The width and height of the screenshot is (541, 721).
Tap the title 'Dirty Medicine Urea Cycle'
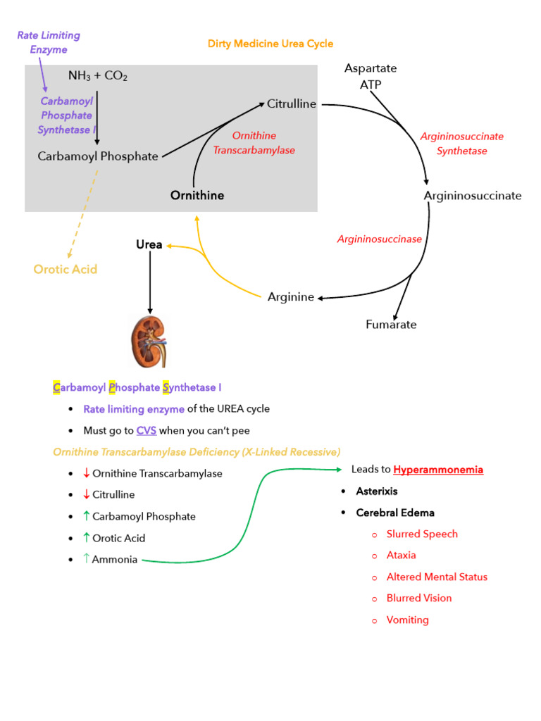pos(270,44)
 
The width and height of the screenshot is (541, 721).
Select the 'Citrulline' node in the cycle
pos(292,104)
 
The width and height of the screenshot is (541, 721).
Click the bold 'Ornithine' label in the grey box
pos(197,195)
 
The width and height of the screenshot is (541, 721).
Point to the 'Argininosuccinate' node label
pos(473,196)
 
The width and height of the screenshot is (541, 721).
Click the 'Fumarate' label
pos(391,325)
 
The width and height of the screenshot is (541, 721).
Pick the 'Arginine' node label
pos(291,297)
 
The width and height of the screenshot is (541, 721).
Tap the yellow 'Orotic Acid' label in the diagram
pos(66,269)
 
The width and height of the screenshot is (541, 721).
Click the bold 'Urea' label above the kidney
pos(149,245)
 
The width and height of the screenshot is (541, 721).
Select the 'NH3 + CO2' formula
pos(98,75)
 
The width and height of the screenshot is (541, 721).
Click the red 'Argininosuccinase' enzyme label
pos(379,239)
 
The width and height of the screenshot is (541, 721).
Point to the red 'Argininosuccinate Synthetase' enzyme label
pos(461,144)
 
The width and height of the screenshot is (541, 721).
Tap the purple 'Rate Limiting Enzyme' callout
pos(49,42)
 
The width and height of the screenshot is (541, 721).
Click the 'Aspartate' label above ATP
pos(371,68)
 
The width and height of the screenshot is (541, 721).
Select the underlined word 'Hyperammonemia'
pos(438,470)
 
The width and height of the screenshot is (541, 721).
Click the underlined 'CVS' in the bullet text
pos(147,430)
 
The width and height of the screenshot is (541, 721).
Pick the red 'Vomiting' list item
pos(407,620)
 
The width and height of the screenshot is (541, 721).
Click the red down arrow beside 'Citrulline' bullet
pos(86,495)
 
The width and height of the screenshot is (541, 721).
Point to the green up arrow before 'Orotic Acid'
pos(86,538)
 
